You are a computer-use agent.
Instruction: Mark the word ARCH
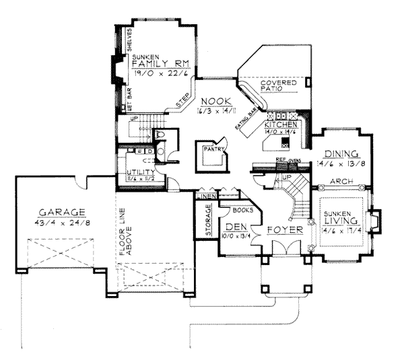point(345,180)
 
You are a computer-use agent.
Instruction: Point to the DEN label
point(234,227)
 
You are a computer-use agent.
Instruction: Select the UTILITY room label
point(140,172)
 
